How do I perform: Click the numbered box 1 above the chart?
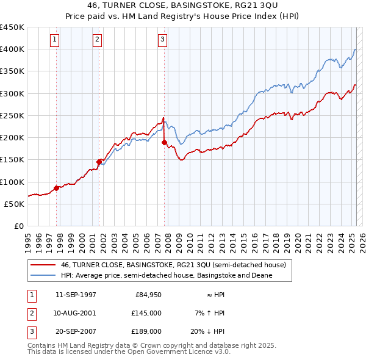pyautogui.click(x=54, y=40)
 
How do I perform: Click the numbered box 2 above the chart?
pyautogui.click(x=97, y=40)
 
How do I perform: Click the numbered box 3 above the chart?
pyautogui.click(x=163, y=40)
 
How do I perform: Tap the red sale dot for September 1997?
pyautogui.click(x=57, y=188)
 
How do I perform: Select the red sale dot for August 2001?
pyautogui.click(x=99, y=162)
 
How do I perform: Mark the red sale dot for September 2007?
pyautogui.click(x=165, y=143)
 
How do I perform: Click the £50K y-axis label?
pyautogui.click(x=15, y=204)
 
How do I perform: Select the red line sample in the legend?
pyautogui.click(x=43, y=265)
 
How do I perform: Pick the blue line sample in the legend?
pyautogui.click(x=43, y=275)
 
